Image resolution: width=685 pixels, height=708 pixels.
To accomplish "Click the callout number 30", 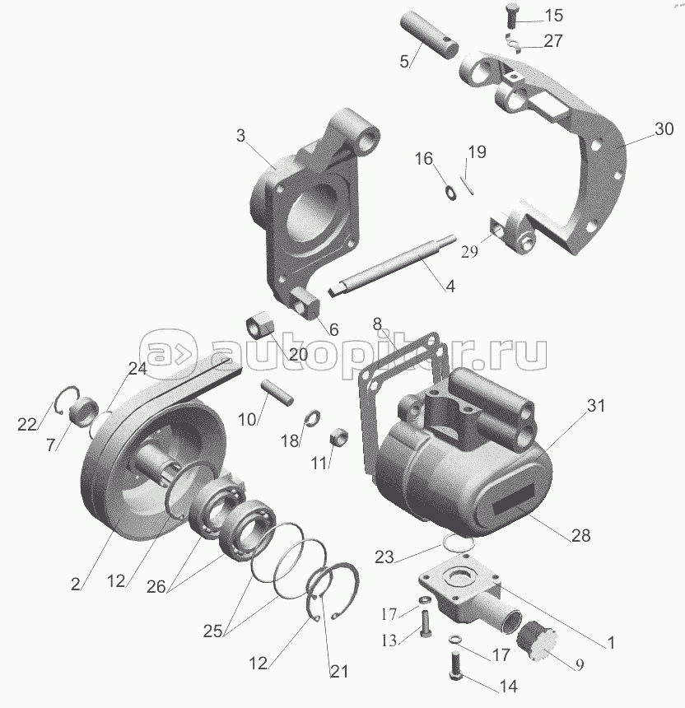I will (x=664, y=128).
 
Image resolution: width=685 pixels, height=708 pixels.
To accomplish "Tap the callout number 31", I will (x=595, y=406).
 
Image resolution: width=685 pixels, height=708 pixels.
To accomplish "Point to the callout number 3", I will (x=240, y=136).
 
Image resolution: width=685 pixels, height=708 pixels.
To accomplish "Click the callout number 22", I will (x=27, y=424).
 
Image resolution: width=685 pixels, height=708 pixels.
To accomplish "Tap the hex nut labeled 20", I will (x=260, y=325).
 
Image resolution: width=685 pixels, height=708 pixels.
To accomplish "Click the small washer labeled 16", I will (x=450, y=193).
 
